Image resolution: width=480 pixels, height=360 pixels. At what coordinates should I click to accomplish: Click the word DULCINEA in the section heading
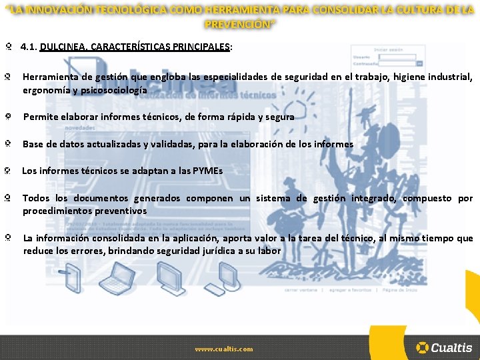coord(62,47)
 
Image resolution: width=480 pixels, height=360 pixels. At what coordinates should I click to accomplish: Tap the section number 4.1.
coord(29,47)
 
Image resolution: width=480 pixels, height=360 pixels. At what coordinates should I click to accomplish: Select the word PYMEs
coord(207,171)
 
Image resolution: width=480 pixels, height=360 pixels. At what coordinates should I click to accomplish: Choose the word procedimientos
coord(57,211)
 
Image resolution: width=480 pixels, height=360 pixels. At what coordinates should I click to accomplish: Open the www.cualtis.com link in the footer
coord(224,349)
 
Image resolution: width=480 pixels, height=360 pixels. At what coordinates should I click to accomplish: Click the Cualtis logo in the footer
coord(444,347)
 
